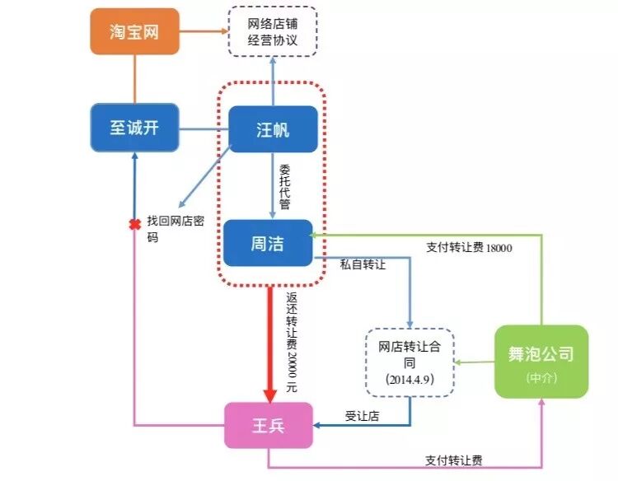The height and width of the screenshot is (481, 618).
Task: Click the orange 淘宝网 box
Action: tap(134, 31)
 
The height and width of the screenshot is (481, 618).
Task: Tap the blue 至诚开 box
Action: tap(133, 128)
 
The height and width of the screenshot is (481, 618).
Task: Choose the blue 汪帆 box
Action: tap(272, 129)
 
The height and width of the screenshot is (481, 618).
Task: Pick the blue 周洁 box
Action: tap(269, 243)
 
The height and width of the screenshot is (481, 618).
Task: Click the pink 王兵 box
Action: tap(269, 426)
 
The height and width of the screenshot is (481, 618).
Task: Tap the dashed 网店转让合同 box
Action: tap(410, 362)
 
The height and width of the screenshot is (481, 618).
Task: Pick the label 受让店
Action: tap(361, 416)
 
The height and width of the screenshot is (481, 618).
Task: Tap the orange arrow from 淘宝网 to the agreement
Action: tap(202, 32)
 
